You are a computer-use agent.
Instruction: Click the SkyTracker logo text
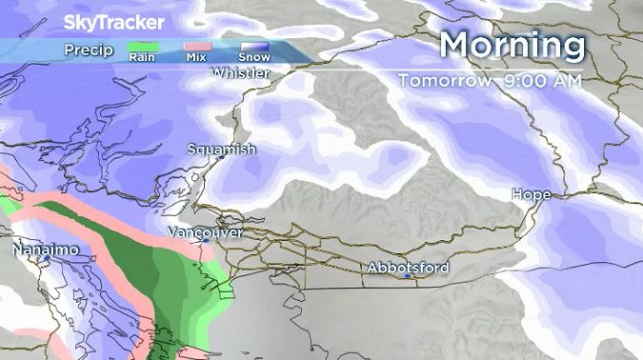click(x=113, y=22)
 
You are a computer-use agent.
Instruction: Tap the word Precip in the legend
click(x=89, y=50)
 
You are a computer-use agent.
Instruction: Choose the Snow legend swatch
click(x=253, y=47)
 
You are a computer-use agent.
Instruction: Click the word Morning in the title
click(x=512, y=45)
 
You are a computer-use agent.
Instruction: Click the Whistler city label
click(x=242, y=73)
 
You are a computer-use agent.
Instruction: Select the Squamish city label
click(x=221, y=150)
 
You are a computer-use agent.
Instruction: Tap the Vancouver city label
click(x=205, y=231)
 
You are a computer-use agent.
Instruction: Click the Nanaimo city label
click(x=45, y=250)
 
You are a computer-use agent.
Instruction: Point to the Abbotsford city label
click(x=408, y=269)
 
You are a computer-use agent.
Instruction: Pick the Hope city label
click(x=532, y=194)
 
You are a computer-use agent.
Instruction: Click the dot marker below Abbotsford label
click(x=408, y=277)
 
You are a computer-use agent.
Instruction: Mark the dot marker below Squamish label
click(x=217, y=159)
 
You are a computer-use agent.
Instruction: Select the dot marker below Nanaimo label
click(x=46, y=258)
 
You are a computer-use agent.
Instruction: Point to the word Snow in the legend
click(x=253, y=58)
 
